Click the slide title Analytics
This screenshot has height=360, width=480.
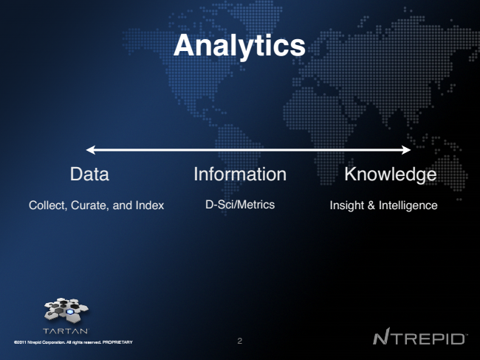[239, 46]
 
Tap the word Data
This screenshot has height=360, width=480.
[89, 174]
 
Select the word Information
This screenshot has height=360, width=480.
[240, 174]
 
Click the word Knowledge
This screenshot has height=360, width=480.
[391, 174]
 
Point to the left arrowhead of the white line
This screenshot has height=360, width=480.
[91, 150]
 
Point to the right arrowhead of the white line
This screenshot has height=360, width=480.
[406, 150]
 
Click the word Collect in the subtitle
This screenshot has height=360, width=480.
[48, 206]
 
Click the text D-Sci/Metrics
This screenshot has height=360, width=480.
[240, 204]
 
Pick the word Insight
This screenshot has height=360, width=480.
[347, 206]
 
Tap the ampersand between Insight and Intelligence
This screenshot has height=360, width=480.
[371, 206]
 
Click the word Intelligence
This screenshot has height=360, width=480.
[408, 206]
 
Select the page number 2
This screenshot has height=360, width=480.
[240, 341]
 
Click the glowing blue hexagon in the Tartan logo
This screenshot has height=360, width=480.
[70, 312]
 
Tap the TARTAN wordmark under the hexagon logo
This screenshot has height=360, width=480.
[66, 331]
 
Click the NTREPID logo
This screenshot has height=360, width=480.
[419, 336]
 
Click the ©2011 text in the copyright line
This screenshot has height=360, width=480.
[20, 342]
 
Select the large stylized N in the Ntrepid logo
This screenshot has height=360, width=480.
[382, 336]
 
